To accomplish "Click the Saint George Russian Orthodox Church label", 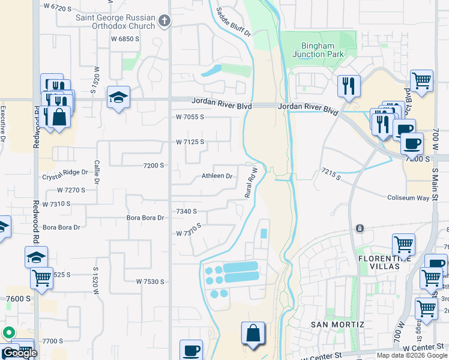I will coord(115,22).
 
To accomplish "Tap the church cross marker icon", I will coord(165,22).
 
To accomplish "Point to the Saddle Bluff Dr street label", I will coord(232,22).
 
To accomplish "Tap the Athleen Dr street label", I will coord(217,176).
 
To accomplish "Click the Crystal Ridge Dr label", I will coord(64,172).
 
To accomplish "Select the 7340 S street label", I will coord(186,211).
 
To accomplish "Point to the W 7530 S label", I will coord(150,281).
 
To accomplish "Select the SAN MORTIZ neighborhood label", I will coord(337,325).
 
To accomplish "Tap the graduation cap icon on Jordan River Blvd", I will coord(118,97).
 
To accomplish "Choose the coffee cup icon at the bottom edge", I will coord(191,350).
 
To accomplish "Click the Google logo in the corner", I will coord(19,353).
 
